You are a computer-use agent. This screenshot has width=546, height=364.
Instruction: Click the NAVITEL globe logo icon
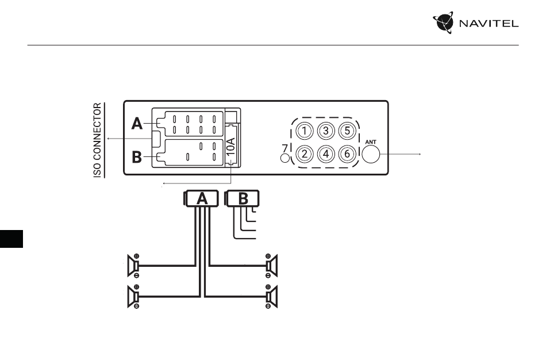click(x=443, y=22)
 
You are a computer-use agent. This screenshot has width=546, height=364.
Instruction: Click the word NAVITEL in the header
click(x=489, y=24)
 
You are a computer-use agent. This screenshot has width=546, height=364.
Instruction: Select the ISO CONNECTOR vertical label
click(x=98, y=140)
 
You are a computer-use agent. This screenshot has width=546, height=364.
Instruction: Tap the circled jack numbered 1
click(x=305, y=131)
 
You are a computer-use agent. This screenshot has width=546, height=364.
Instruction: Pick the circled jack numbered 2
click(x=305, y=154)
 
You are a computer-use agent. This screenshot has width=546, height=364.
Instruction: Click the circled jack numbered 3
click(x=326, y=131)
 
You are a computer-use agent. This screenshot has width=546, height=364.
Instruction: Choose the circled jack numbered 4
click(x=326, y=154)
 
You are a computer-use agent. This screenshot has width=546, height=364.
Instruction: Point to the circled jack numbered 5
click(x=347, y=131)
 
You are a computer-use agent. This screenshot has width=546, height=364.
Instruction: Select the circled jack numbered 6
click(x=347, y=154)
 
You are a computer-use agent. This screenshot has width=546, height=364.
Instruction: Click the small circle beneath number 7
click(x=285, y=158)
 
